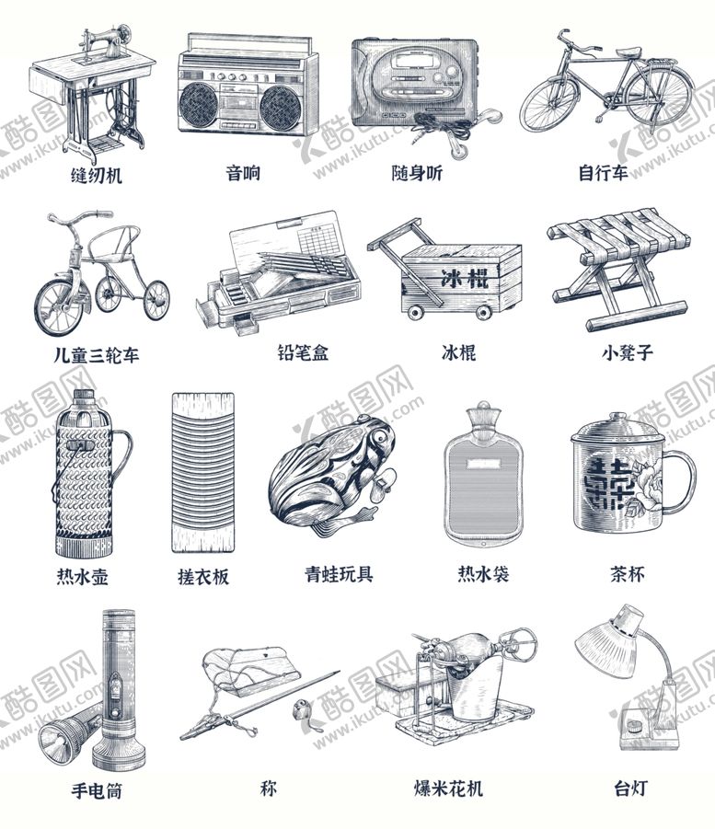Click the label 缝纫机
[96, 175]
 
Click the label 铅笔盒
[302, 352]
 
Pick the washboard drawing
[202, 473]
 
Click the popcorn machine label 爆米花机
[448, 789]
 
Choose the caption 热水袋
[483, 575]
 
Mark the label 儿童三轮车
[96, 355]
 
